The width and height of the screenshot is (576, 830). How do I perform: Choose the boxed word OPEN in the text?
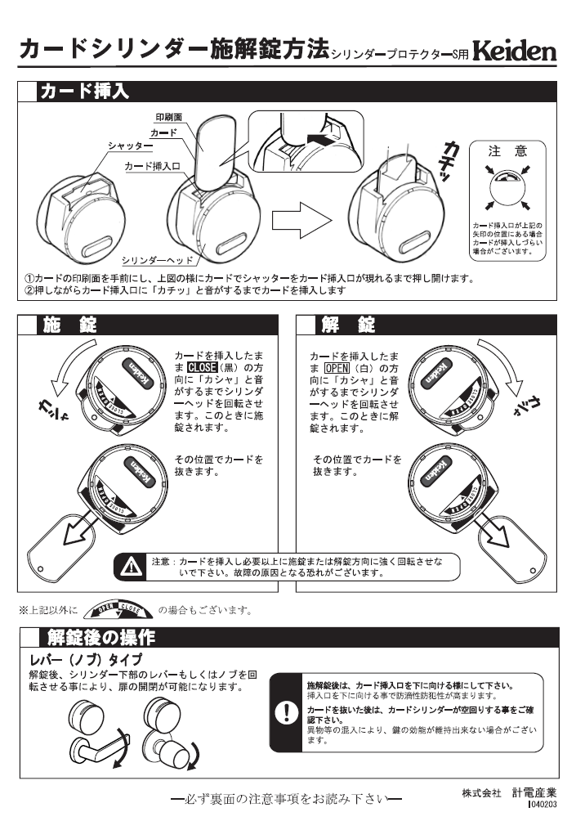click(x=337, y=367)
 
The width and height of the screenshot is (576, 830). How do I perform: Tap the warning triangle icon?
click(x=129, y=564)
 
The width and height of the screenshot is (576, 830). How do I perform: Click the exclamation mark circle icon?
click(x=287, y=712)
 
